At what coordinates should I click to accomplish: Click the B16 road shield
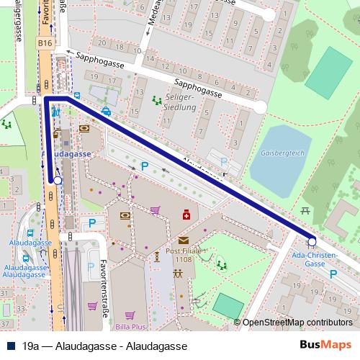(45, 43)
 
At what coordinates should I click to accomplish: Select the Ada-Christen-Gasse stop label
(313, 259)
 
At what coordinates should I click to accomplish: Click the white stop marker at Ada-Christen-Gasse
(312, 242)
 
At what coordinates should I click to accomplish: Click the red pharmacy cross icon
(186, 215)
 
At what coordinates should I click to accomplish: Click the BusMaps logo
(325, 346)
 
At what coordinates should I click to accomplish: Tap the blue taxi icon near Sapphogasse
(107, 111)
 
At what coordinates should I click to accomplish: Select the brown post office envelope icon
(183, 239)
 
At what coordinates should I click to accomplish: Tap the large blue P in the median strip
(144, 166)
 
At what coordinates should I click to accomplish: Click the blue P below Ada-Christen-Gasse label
(333, 274)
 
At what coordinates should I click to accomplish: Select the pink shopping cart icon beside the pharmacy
(155, 210)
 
